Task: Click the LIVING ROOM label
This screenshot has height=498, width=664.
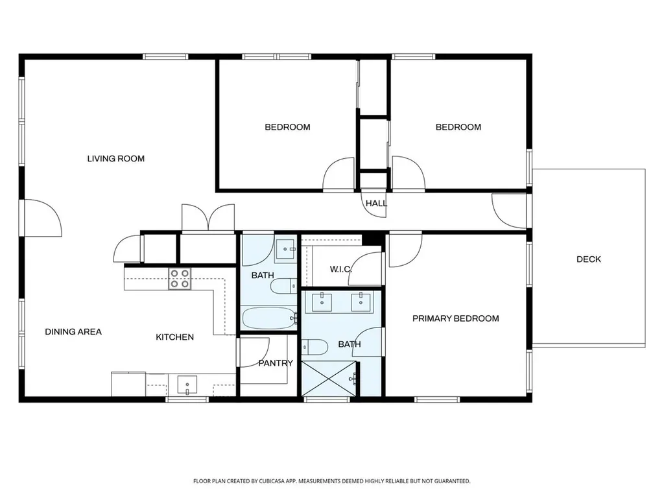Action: coord(116,158)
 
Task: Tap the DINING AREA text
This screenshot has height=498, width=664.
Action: coord(73,331)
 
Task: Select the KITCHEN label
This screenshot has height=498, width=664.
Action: coord(174,337)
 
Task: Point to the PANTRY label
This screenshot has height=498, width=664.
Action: coord(276,363)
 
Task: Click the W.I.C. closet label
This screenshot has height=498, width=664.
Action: coord(340,269)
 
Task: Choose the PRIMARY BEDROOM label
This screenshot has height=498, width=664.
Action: coord(456,318)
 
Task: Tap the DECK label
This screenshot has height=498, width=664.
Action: coord(588,259)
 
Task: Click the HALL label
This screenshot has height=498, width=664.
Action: coord(376,203)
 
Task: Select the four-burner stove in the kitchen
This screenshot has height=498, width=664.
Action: coord(180,278)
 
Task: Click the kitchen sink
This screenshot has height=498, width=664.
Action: coord(187,385)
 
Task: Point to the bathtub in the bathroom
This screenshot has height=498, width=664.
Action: coord(268,318)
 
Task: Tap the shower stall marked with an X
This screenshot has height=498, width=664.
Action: coord(329,378)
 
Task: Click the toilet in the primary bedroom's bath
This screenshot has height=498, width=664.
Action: coord(316,347)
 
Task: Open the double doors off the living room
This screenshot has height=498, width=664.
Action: coord(208,219)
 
